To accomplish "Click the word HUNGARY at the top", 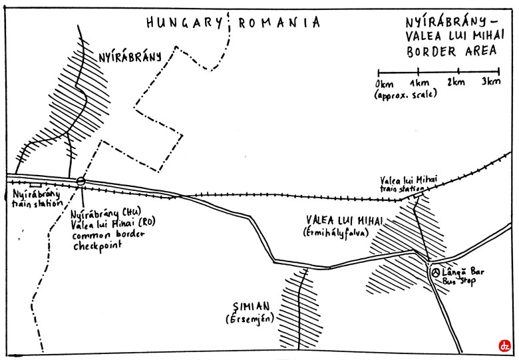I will click(x=184, y=23).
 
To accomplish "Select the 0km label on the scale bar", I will click(x=384, y=83).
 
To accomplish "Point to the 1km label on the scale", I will click(x=419, y=83).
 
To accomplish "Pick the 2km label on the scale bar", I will click(x=456, y=83).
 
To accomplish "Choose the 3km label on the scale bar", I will click(x=492, y=83).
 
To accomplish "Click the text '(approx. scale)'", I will click(x=405, y=95).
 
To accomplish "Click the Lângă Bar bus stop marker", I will click(x=435, y=271).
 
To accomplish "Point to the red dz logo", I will click(x=504, y=346).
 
